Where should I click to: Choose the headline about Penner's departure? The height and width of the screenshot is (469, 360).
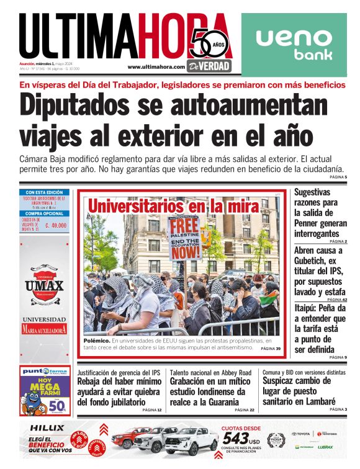pyautogui.click(x=320, y=213)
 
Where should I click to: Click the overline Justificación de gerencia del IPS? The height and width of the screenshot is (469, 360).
pyautogui.click(x=119, y=372)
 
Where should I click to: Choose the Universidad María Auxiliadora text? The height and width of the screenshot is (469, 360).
pyautogui.click(x=44, y=325)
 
